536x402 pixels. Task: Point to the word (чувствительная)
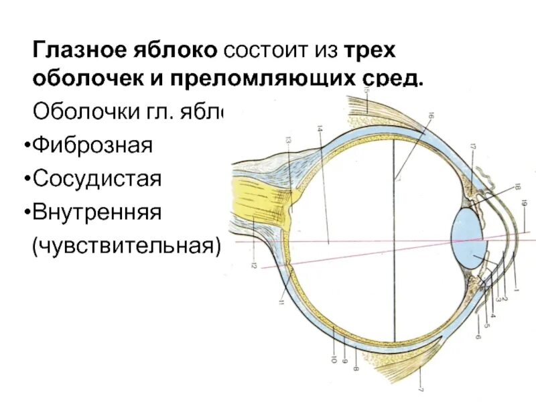coord(127,246)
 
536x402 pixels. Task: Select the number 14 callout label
coord(320,129)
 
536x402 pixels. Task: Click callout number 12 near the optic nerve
coord(253,265)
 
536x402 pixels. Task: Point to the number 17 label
coord(472,147)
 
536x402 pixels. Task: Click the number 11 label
coord(282,305)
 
